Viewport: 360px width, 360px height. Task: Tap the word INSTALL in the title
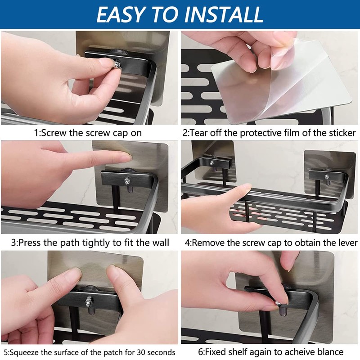tap(224, 14)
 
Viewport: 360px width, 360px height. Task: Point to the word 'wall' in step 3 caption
tap(161, 243)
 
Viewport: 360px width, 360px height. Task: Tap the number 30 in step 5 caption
tap(141, 352)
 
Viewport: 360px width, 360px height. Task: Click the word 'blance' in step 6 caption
tap(330, 352)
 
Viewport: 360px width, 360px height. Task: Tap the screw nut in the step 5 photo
tap(88, 302)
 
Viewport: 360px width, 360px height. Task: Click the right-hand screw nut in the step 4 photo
tap(327, 177)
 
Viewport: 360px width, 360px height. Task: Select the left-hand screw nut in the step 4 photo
tap(211, 163)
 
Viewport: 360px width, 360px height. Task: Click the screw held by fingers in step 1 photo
tap(117, 64)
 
